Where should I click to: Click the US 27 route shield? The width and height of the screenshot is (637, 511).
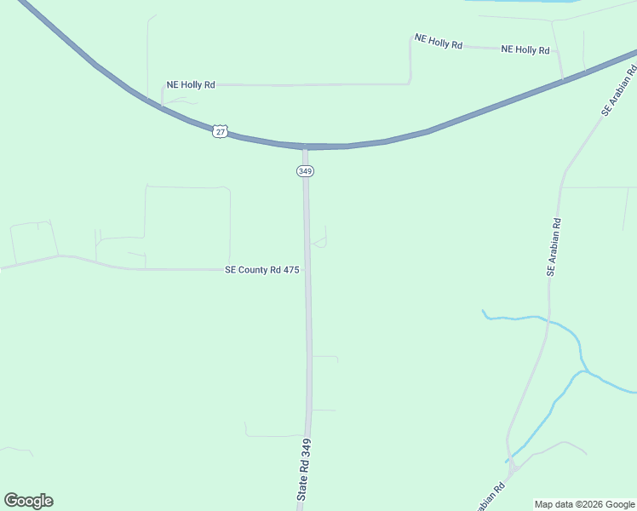tap(221, 130)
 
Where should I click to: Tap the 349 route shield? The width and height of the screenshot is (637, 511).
tap(305, 171)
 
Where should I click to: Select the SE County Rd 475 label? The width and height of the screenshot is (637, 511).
tap(261, 270)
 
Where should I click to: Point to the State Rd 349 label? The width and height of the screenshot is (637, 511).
tap(305, 469)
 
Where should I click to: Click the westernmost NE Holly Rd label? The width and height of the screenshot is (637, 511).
tap(191, 85)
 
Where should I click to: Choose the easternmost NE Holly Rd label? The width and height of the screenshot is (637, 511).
tap(525, 50)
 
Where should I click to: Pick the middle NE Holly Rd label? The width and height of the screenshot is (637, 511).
tap(438, 41)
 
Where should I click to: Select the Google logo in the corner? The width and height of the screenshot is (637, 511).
tap(28, 501)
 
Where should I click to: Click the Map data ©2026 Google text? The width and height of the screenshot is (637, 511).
tap(585, 504)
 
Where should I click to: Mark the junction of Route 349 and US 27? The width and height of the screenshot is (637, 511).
tap(305, 147)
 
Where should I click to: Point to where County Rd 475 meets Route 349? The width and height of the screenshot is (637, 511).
tap(307, 270)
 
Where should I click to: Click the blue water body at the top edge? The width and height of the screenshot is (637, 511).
tap(519, 3)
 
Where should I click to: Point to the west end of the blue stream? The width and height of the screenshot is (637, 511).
tap(483, 311)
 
